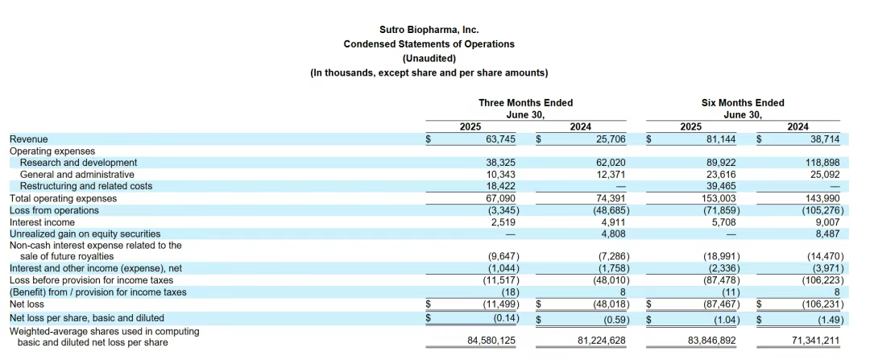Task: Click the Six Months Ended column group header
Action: point(743,102)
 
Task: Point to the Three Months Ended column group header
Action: point(525,102)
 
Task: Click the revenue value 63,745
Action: point(500,139)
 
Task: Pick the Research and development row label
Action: point(78,163)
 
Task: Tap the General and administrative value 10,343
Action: point(500,175)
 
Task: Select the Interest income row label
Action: point(42,222)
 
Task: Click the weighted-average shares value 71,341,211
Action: point(808,341)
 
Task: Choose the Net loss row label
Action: point(27,304)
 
